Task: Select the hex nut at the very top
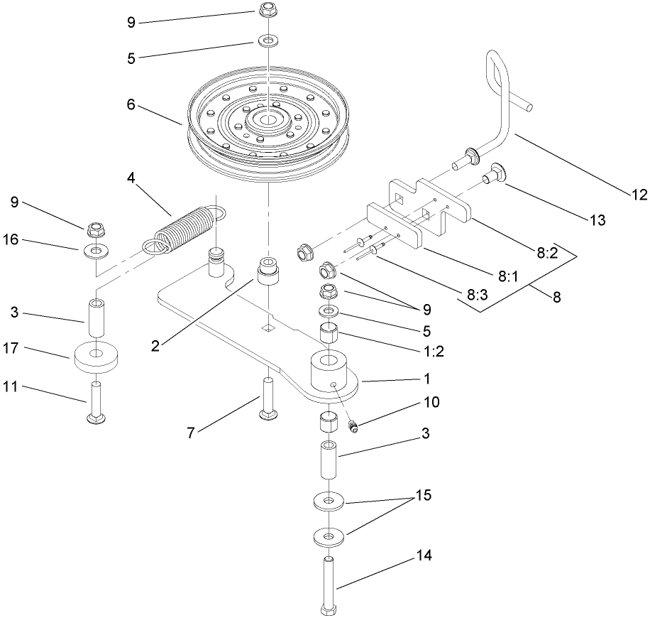tap(268, 11)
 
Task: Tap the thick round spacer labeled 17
tap(96, 354)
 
